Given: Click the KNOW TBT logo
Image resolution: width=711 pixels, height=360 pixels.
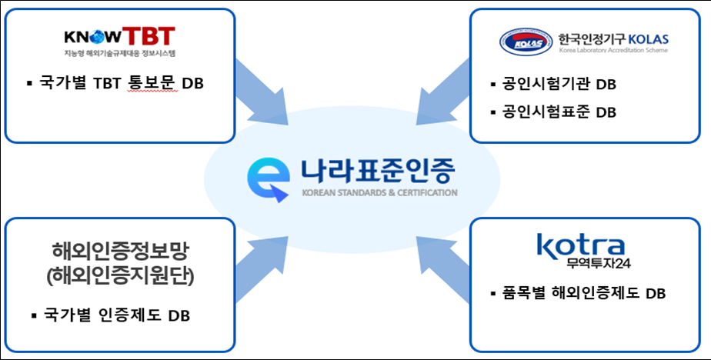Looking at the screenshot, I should pos(119,36).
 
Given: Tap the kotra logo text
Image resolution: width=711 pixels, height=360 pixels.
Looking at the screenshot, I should pos(582,246).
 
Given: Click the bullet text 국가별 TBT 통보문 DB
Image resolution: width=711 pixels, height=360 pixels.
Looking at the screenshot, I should pos(122,83).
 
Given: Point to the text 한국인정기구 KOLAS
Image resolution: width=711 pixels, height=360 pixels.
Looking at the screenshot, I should pos(613,38).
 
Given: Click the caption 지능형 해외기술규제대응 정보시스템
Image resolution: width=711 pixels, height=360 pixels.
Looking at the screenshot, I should pos(120,54).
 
